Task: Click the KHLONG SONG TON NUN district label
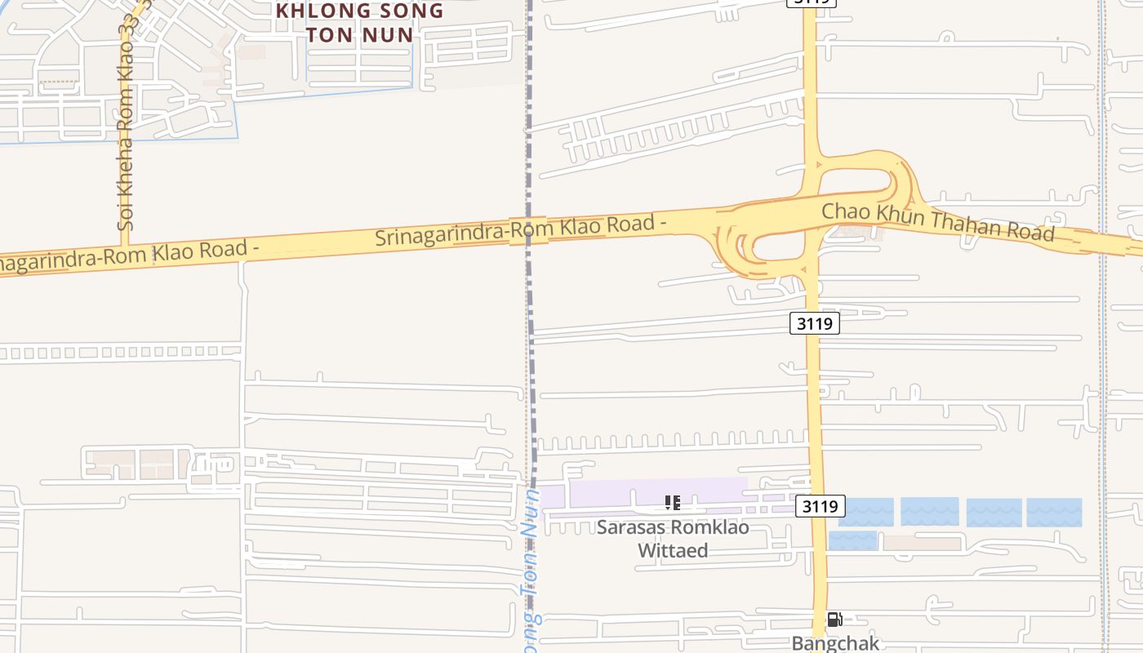360,23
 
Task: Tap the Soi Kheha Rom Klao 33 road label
125,122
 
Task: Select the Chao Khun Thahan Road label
937,221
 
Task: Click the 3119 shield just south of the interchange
815,323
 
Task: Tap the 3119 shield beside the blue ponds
820,506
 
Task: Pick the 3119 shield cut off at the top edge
811,2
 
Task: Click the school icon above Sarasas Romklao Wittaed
672,502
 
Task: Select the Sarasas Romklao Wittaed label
672,538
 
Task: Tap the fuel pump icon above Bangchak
834,620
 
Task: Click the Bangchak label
835,643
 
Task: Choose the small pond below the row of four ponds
852,540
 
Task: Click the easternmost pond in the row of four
1054,512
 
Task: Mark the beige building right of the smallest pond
923,543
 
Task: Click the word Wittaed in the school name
672,550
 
